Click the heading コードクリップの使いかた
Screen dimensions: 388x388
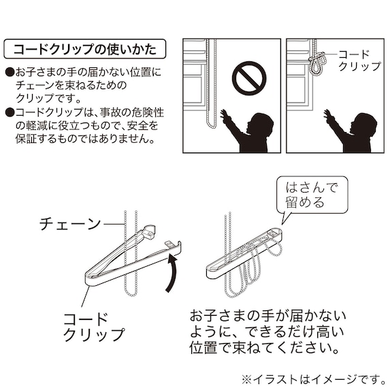(x=84, y=50)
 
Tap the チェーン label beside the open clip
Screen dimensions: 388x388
(x=70, y=223)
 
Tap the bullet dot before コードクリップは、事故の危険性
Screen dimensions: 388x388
(x=9, y=112)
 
